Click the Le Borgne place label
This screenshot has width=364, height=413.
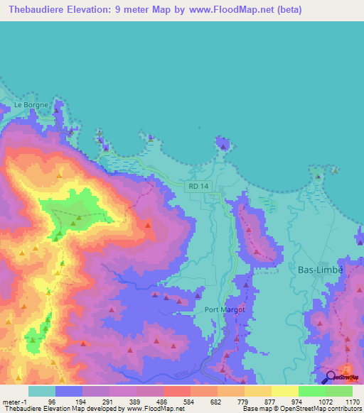tap(31, 105)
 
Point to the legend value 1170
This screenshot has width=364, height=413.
tap(353, 401)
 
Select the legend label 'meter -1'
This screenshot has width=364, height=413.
tap(14, 401)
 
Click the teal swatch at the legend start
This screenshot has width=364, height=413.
tap(42, 391)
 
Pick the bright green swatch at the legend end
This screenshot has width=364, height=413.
tap(339, 391)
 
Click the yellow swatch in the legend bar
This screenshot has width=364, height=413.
tap(285, 391)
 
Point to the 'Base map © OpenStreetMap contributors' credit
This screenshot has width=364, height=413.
tap(300, 409)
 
